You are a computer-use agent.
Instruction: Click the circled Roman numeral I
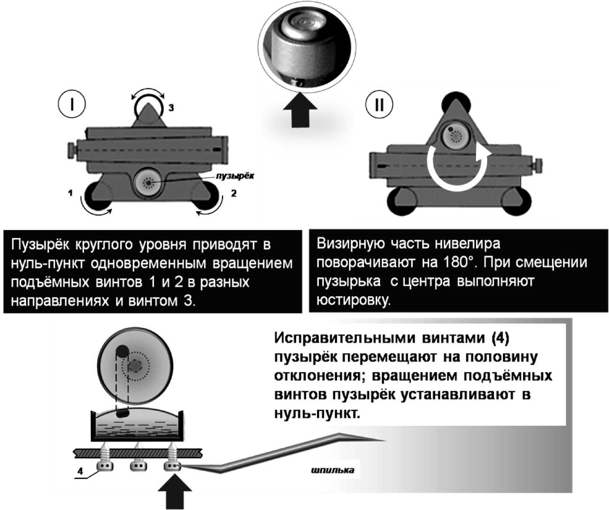71,104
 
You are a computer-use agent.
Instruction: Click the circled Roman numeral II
378,104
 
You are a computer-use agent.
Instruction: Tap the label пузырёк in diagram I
234,176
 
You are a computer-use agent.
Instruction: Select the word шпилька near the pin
332,470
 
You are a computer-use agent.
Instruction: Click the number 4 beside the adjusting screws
80,471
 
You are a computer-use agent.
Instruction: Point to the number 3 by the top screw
171,108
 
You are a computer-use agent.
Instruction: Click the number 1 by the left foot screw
70,193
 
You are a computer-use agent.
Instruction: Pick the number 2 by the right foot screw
234,193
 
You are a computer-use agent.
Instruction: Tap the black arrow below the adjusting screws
175,493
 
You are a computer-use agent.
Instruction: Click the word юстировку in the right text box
353,300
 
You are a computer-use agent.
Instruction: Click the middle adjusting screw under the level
138,465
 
